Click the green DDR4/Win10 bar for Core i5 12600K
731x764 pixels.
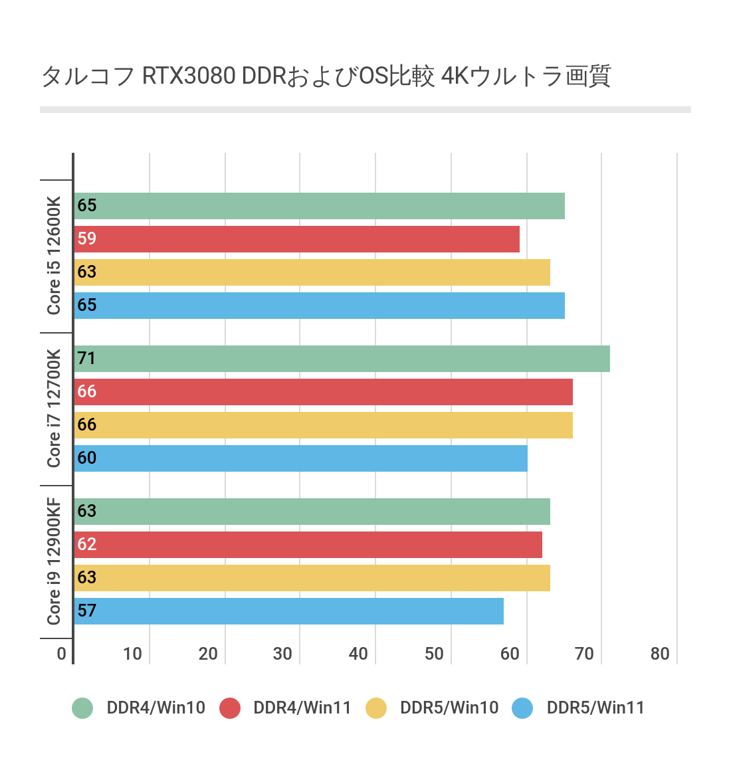point(319,206)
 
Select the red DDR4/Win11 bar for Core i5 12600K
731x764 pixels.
point(296,239)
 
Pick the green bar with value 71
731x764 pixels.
point(342,359)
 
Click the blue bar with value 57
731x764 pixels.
point(288,611)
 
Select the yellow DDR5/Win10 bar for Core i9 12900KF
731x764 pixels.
point(312,578)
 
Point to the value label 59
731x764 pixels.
point(87,239)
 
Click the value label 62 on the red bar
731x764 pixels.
point(87,544)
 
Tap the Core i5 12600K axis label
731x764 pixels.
point(54,256)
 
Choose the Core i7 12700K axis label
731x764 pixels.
point(54,408)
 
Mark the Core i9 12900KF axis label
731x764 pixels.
point(54,561)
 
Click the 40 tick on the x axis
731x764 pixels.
point(358,654)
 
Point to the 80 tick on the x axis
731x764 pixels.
point(660,654)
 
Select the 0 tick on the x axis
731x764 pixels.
point(62,654)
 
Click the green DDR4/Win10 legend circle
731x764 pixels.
point(82,708)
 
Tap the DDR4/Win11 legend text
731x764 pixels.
point(302,708)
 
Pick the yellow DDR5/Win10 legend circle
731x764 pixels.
point(376,708)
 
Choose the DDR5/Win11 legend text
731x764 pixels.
point(595,708)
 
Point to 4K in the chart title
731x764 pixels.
point(455,76)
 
